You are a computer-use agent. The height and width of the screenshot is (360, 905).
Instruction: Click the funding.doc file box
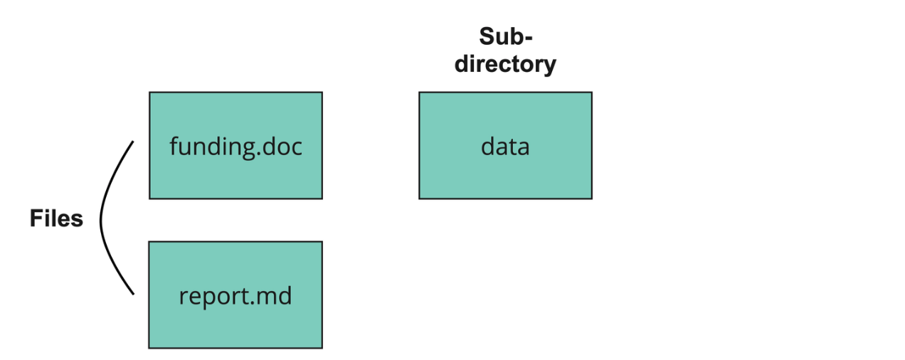[x=235, y=145]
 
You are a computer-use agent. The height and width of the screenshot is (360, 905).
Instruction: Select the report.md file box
[x=235, y=295]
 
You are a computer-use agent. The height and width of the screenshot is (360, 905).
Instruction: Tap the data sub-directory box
[x=505, y=145]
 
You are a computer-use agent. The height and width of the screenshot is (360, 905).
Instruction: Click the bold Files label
[x=56, y=219]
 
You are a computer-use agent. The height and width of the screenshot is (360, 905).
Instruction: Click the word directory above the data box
[x=505, y=64]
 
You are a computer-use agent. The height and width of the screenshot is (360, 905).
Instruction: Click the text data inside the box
[x=505, y=147]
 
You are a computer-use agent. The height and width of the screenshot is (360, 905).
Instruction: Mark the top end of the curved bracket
[x=133, y=142]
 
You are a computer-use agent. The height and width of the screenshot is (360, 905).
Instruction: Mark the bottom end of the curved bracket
[x=133, y=293]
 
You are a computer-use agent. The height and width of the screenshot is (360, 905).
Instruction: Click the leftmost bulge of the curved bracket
[x=101, y=219]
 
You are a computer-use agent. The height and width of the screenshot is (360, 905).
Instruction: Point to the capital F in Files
[x=36, y=219]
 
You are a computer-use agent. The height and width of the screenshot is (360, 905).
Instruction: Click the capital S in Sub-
[x=486, y=36]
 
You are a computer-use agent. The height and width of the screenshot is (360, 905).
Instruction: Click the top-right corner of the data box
[x=591, y=92]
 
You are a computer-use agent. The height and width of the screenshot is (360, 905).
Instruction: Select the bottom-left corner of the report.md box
[x=149, y=348]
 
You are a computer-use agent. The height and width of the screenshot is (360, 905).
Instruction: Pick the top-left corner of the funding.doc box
[x=149, y=92]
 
